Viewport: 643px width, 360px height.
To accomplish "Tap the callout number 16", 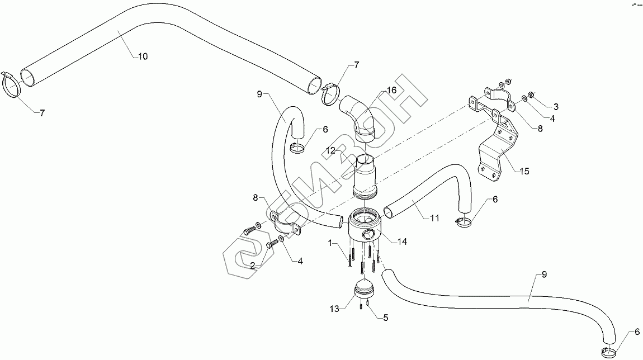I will [391, 89].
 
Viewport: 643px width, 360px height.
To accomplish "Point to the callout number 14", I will [402, 241].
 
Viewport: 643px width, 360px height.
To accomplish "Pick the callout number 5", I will [385, 318].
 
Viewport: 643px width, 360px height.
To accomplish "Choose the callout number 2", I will [253, 266].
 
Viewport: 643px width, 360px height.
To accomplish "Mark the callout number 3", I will [556, 106].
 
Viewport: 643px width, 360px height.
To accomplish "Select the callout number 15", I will [523, 171].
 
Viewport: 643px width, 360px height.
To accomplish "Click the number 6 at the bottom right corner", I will [637, 332].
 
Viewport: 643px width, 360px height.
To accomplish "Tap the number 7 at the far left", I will [41, 112].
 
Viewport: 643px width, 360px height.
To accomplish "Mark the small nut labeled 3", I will [532, 94].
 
